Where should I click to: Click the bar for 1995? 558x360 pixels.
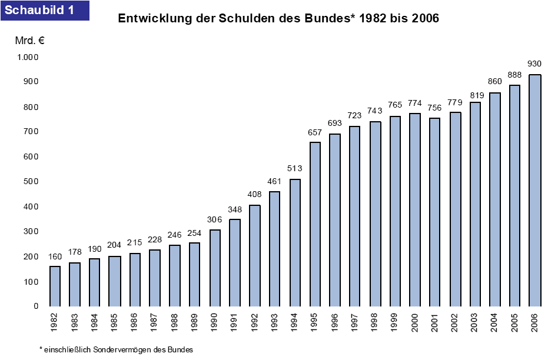click(315, 224)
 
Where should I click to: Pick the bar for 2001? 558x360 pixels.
click(435, 212)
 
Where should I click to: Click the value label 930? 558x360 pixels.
click(534, 64)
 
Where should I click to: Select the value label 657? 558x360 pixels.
click(315, 132)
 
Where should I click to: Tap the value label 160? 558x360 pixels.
click(55, 256)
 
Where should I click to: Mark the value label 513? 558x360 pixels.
click(295, 169)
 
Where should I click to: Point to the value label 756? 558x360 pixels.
click(435, 108)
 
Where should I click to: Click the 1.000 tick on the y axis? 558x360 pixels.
click(28, 57)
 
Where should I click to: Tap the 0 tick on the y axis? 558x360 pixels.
click(35, 306)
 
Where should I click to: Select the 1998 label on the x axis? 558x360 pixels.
click(375, 321)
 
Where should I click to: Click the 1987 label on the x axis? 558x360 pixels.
click(155, 321)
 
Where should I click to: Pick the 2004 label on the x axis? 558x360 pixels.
click(495, 321)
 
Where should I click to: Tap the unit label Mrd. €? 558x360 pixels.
click(29, 41)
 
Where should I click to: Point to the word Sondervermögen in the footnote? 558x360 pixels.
click(111, 349)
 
